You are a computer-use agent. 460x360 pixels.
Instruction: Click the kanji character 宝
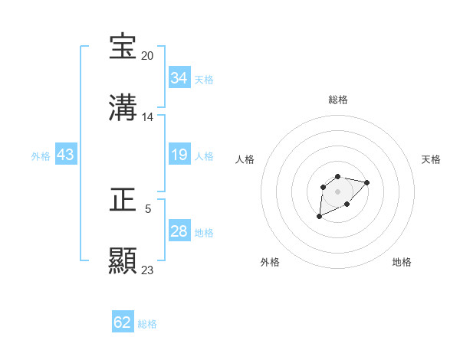123,47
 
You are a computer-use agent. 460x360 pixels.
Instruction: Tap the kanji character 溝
123,108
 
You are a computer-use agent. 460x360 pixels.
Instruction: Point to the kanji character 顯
123,260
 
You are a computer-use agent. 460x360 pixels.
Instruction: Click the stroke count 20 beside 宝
148,56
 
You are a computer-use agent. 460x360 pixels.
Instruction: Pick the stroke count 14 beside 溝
148,117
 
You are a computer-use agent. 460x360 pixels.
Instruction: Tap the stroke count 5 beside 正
148,208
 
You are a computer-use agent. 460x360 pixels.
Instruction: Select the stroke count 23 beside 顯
148,270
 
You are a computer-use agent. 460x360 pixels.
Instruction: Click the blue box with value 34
179,78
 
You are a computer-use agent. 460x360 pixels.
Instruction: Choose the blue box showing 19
179,155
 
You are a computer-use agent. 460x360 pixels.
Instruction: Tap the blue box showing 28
179,231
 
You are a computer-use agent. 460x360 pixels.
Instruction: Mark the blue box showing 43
66,155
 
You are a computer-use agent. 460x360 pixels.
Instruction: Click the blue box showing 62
123,322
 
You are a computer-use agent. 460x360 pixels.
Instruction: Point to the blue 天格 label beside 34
204,80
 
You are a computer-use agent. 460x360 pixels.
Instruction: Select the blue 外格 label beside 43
41,156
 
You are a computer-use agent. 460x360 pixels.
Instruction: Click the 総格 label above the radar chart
338,100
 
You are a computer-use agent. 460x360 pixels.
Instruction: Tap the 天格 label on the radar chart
431,159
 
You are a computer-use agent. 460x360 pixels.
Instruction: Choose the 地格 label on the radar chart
402,262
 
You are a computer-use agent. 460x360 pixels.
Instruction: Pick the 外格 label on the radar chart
270,262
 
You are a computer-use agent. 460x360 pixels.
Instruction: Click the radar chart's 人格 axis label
245,159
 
